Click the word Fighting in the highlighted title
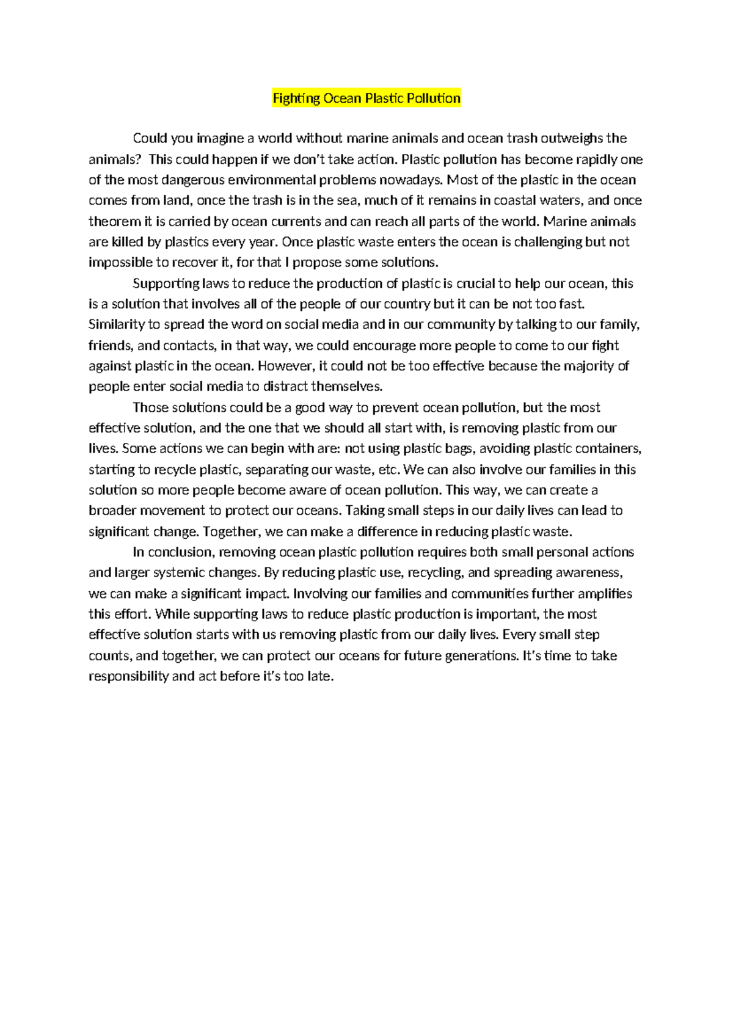296,98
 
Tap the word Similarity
116,324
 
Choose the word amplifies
605,594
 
